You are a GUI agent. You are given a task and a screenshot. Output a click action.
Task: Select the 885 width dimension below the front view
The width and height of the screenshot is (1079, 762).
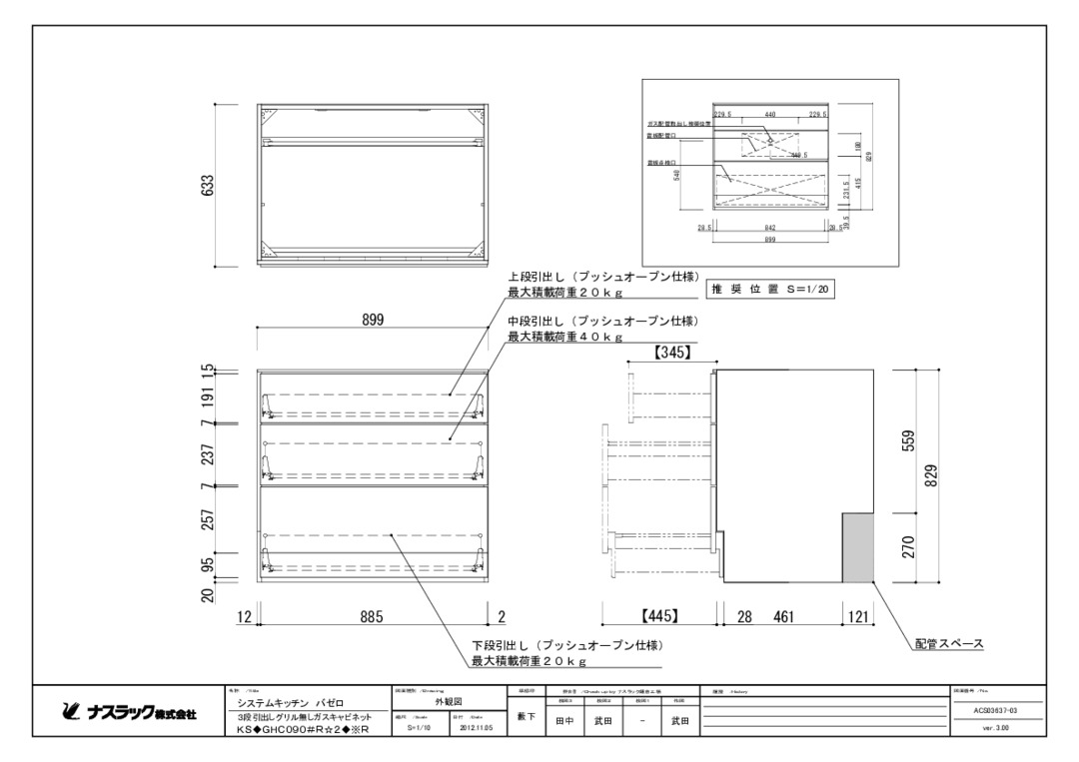click(x=373, y=617)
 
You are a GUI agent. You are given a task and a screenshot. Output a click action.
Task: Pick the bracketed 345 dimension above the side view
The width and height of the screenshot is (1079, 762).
click(x=672, y=352)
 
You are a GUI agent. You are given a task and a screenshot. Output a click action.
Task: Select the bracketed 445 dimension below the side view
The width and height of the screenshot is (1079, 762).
click(x=661, y=617)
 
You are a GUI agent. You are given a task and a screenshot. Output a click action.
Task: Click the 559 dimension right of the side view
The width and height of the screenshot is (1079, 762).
click(x=908, y=440)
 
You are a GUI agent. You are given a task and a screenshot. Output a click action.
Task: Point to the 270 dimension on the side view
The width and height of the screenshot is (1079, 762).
click(x=908, y=547)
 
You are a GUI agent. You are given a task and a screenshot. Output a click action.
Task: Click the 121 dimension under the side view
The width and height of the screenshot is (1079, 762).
click(x=857, y=617)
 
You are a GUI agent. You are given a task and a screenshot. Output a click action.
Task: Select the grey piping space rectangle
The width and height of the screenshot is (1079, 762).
click(x=858, y=547)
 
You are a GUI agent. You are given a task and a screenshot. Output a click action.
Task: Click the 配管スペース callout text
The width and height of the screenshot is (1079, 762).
click(x=949, y=644)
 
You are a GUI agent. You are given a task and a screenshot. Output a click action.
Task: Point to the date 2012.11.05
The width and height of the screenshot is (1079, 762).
click(x=474, y=728)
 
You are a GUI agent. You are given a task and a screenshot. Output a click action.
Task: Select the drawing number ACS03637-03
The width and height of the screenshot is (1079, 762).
click(x=995, y=710)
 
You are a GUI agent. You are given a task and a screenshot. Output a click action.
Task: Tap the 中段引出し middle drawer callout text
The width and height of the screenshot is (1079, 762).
click(x=601, y=322)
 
